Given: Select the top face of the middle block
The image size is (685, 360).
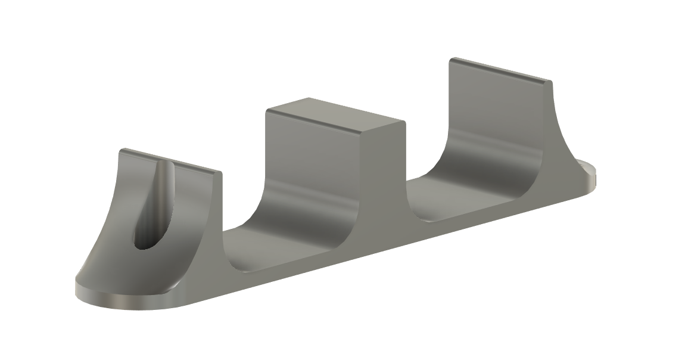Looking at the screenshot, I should [334, 113].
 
